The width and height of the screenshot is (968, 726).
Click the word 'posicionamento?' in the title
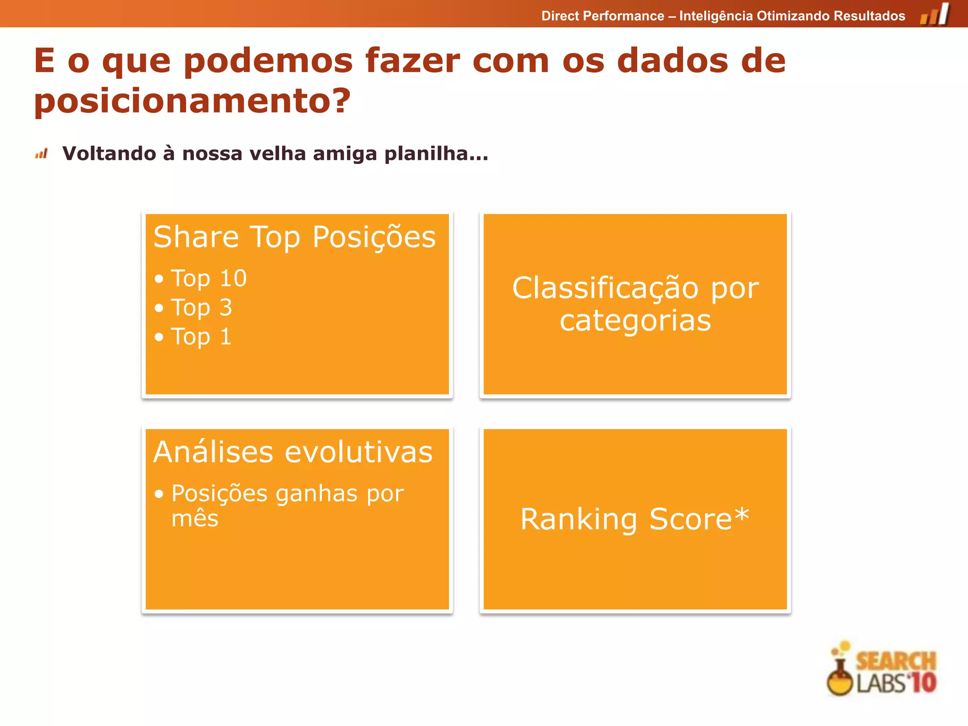coord(192,101)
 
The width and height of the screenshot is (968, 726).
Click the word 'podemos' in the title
coord(268,61)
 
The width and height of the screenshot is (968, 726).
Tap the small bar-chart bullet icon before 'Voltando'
coord(42,154)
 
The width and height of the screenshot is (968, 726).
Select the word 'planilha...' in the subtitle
coord(436,154)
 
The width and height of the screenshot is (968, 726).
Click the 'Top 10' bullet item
coord(208,278)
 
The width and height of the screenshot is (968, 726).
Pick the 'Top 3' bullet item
coord(201,308)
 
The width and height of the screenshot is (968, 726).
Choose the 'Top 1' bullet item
coord(201,337)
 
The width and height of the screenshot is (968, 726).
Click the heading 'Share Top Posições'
coord(294,237)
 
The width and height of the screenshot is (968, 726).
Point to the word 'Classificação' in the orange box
coord(605,288)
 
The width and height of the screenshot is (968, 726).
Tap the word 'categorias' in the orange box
coord(635,321)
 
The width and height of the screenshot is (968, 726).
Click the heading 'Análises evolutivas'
coord(293,452)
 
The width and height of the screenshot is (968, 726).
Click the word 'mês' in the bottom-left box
coord(195,519)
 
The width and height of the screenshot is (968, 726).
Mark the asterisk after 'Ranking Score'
coord(742,514)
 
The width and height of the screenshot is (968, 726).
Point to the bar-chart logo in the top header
coord(934,14)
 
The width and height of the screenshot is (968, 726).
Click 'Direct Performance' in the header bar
coord(603,16)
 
